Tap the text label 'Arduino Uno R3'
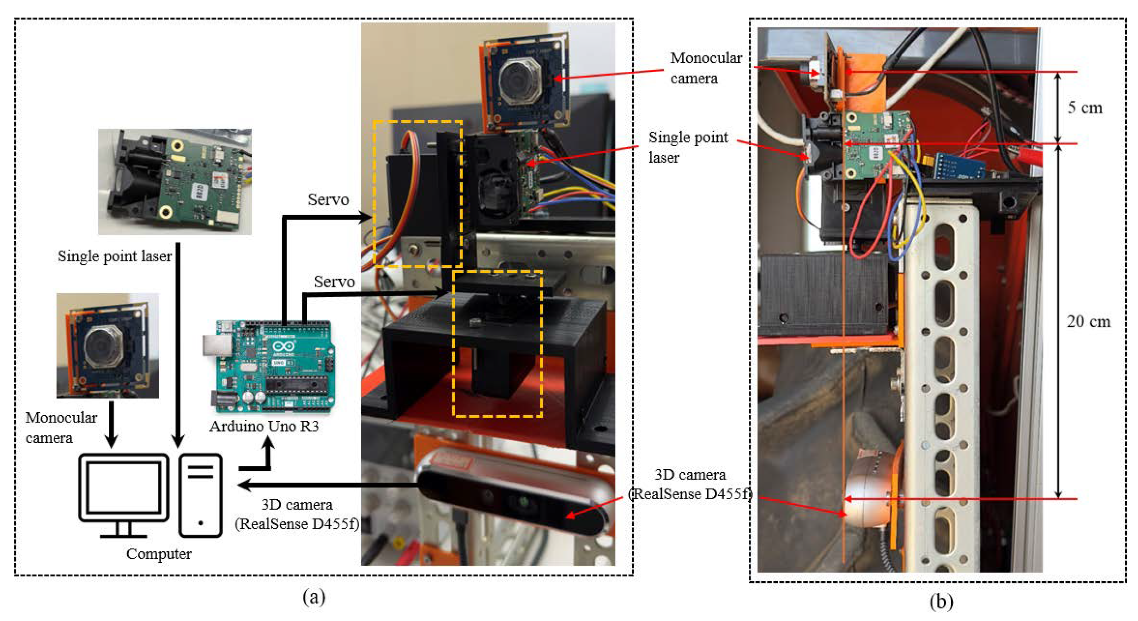pyautogui.click(x=264, y=426)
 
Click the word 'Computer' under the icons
pyautogui.click(x=159, y=554)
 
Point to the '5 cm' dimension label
pyautogui.click(x=1085, y=108)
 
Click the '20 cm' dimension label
pyautogui.click(x=1088, y=321)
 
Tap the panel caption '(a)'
pyautogui.click(x=314, y=597)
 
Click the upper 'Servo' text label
pyautogui.click(x=328, y=200)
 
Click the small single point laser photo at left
pyautogui.click(x=175, y=181)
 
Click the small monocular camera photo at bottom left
pyautogui.click(x=107, y=346)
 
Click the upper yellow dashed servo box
pyautogui.click(x=417, y=193)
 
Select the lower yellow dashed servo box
pyautogui.click(x=497, y=344)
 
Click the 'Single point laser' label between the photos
pyautogui.click(x=687, y=147)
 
